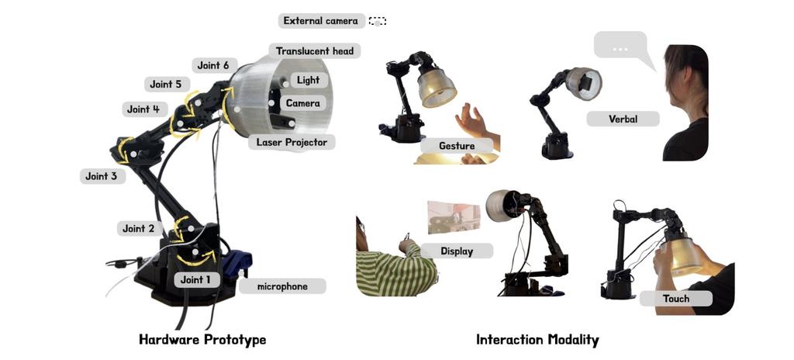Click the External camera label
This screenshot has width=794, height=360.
pos(321,21)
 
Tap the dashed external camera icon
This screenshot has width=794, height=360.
pos(378,21)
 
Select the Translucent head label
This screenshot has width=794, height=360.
pos(315,51)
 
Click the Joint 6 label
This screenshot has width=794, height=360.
pos(213,65)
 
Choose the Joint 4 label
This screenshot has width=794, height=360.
pos(143,109)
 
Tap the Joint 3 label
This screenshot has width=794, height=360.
pos(102,176)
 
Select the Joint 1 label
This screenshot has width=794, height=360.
pos(196,279)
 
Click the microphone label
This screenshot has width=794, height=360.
pos(282,286)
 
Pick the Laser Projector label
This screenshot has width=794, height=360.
pos(292,143)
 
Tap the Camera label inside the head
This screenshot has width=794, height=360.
pos(303,103)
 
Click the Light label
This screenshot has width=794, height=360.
pos(309,80)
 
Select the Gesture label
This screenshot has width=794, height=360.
pos(457,146)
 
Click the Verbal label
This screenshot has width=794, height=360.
pos(623,119)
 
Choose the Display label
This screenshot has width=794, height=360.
pos(457,251)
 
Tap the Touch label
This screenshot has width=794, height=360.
pos(676,299)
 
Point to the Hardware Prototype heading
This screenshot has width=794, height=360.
pos(202,339)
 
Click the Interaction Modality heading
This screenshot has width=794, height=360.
pos(537,340)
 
